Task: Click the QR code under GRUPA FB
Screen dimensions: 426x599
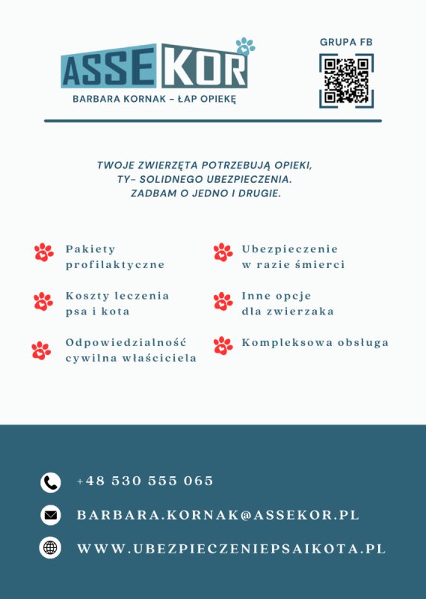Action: tap(346, 80)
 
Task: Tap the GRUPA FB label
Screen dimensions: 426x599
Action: tap(346, 43)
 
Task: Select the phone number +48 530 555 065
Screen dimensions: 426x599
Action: tap(146, 481)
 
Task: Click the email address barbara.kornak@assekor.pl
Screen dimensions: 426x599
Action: tap(218, 515)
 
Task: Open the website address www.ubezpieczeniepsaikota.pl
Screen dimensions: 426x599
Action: tap(232, 549)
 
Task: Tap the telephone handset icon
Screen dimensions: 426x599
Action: tap(50, 482)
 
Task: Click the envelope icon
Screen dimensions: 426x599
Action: tap(50, 515)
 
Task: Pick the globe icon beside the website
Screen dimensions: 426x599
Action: tap(50, 548)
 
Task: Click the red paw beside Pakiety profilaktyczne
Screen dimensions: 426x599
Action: tap(43, 252)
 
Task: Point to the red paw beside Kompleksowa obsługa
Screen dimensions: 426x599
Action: tap(223, 345)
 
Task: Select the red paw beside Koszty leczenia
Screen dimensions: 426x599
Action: tap(43, 301)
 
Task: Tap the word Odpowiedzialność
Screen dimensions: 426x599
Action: tap(126, 343)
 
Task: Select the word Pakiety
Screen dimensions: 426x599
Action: tap(90, 249)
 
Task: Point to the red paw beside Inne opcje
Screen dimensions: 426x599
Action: tap(223, 301)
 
